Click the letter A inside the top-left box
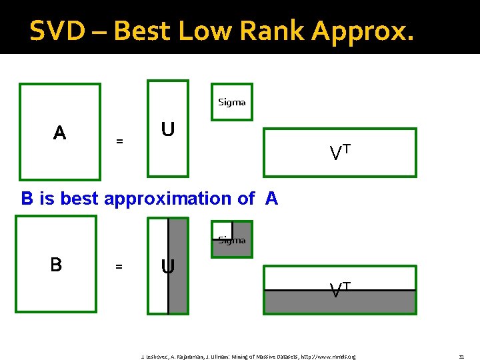tap(59, 133)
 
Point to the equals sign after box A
tap(119, 141)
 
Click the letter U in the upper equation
tap(168, 129)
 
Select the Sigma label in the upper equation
tap(231, 102)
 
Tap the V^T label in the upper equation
tap(340, 153)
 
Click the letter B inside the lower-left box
tap(56, 265)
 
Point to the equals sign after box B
tap(119, 267)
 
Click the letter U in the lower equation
tap(167, 267)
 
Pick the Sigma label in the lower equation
tap(231, 240)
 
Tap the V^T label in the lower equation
tap(340, 289)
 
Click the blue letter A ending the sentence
tap(271, 198)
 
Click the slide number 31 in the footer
tap(461, 357)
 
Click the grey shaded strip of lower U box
tap(178, 267)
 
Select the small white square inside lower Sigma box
tap(222, 229)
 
